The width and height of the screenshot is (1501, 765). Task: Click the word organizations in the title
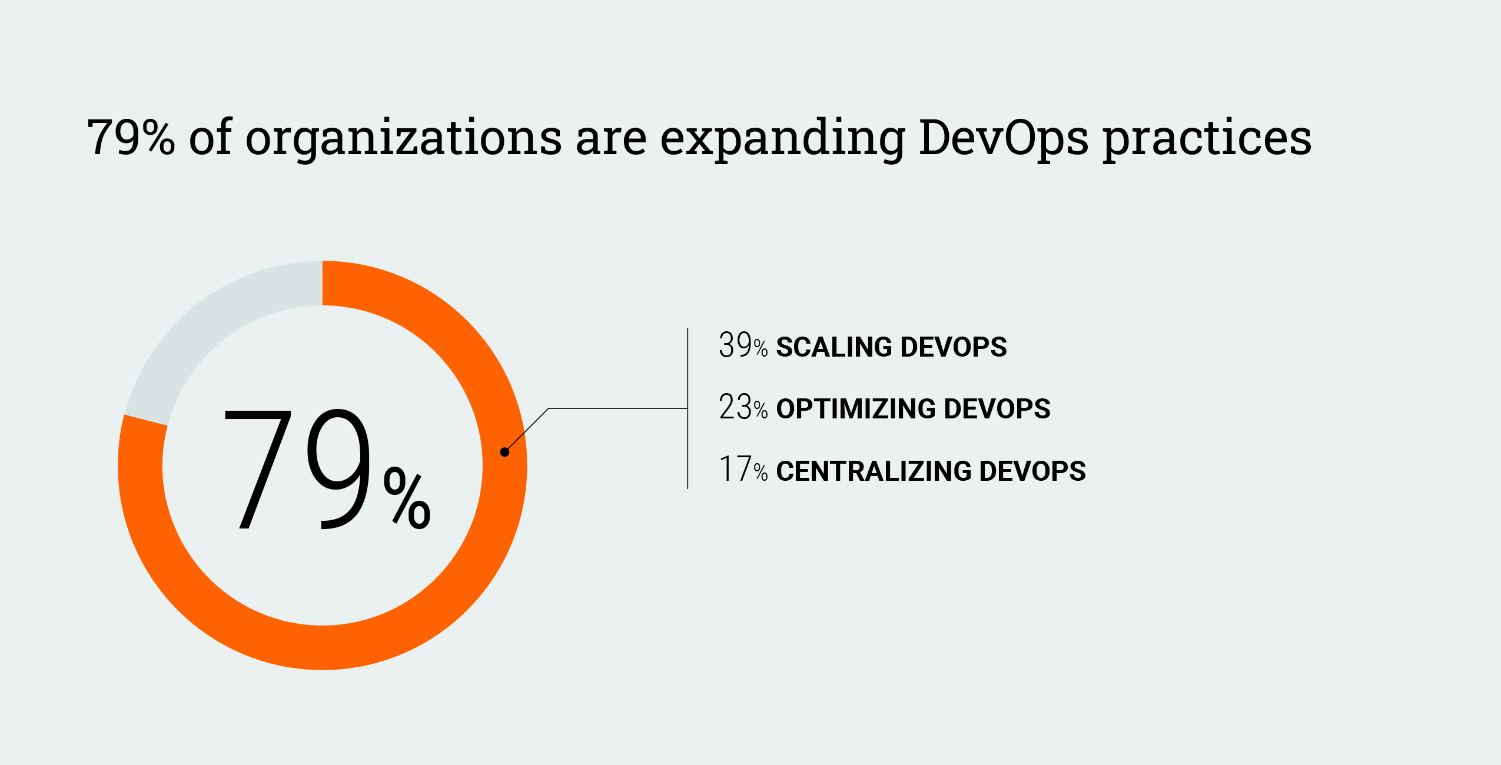tap(403, 139)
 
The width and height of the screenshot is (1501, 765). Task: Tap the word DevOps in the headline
tap(1003, 139)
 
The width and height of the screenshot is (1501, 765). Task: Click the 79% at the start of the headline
tap(131, 138)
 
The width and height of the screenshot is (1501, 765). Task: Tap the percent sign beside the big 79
tap(407, 498)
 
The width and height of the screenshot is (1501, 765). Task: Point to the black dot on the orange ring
tap(504, 452)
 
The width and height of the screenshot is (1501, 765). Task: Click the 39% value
tap(743, 346)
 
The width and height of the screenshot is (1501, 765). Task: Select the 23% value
tap(743, 408)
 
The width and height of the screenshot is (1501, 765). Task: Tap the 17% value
tap(743, 470)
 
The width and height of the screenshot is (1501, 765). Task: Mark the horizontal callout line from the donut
tap(618, 408)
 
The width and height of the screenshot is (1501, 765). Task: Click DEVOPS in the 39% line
tap(954, 347)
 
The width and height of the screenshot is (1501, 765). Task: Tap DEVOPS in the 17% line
tap(1032, 471)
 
